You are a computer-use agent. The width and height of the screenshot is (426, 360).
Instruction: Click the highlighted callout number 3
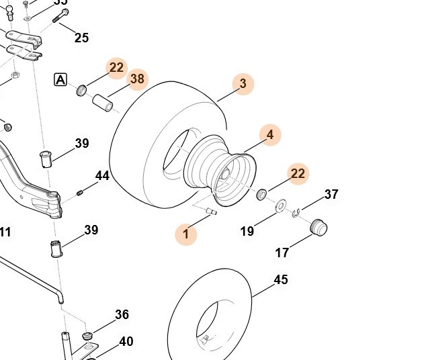(x=243, y=84)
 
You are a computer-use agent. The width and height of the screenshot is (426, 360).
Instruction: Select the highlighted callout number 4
(x=270, y=134)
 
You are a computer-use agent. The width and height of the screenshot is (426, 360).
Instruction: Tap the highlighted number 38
(x=137, y=79)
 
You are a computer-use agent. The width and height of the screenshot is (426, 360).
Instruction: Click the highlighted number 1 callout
(x=186, y=235)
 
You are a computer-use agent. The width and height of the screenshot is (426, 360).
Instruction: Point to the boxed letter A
(x=60, y=80)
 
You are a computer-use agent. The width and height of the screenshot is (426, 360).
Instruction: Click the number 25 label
(x=81, y=38)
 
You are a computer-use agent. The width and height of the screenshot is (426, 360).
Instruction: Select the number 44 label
(x=102, y=176)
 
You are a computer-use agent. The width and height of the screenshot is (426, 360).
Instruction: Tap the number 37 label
(x=331, y=194)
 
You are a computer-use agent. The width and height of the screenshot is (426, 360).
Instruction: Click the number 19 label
(x=247, y=232)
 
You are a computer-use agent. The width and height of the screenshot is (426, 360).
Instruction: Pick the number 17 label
(x=282, y=253)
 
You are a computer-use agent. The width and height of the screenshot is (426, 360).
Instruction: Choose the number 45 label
(x=281, y=279)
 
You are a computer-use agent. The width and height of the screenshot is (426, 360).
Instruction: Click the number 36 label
(x=122, y=314)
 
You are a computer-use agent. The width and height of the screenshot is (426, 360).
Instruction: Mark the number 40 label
(x=126, y=342)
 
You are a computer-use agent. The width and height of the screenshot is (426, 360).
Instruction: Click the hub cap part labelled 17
(x=318, y=226)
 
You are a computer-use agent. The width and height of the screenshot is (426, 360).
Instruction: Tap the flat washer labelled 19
(x=280, y=204)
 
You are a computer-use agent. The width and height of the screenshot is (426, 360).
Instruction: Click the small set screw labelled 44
(x=80, y=193)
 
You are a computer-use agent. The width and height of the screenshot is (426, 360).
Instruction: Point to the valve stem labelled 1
(x=210, y=212)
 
